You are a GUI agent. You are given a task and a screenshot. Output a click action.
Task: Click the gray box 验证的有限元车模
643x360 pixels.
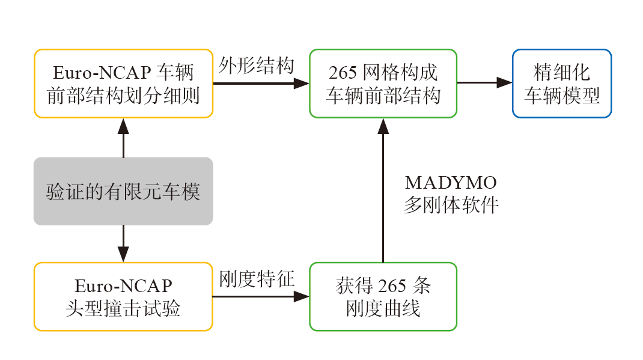click(x=123, y=191)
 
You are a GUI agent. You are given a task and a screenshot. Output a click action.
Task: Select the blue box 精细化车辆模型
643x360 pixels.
click(x=562, y=84)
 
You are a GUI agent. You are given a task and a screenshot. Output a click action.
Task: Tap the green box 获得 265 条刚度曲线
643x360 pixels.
click(x=383, y=296)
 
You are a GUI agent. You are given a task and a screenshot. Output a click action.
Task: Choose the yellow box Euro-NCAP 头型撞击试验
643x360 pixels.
click(x=123, y=296)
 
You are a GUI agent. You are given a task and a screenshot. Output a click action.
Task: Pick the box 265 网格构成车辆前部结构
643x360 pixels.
click(x=383, y=84)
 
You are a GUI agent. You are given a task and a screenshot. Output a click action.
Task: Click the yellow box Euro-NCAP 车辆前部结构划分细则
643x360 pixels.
click(x=123, y=84)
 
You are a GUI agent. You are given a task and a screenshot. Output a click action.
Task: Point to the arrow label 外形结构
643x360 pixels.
click(x=256, y=65)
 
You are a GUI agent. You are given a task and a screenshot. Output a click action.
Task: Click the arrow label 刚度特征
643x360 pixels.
click(x=256, y=278)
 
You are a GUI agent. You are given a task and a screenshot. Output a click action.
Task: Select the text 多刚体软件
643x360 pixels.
click(x=451, y=206)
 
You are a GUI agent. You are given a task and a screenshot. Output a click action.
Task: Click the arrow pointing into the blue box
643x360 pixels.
click(x=484, y=83)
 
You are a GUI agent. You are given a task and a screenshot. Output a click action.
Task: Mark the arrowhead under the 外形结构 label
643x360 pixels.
click(x=300, y=84)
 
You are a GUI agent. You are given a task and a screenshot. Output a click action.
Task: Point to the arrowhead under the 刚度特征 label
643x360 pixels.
click(x=300, y=296)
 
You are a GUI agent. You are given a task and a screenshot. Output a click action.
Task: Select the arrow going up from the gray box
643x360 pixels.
click(x=123, y=138)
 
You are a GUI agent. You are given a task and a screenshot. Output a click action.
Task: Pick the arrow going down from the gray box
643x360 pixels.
click(x=123, y=243)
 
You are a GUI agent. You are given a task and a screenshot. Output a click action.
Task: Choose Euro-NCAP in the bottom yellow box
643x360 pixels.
click(x=123, y=286)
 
